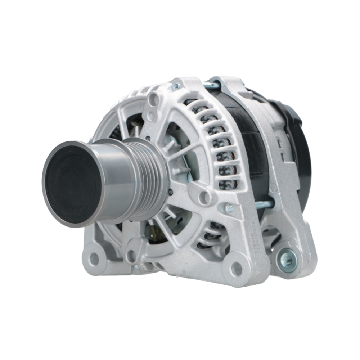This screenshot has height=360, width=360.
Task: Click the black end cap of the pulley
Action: click(x=74, y=184)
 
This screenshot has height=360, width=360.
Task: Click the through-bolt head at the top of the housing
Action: click(x=176, y=86)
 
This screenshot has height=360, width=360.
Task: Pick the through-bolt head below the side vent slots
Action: click(x=229, y=208)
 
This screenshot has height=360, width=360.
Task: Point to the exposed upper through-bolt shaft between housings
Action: click(x=211, y=86)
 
